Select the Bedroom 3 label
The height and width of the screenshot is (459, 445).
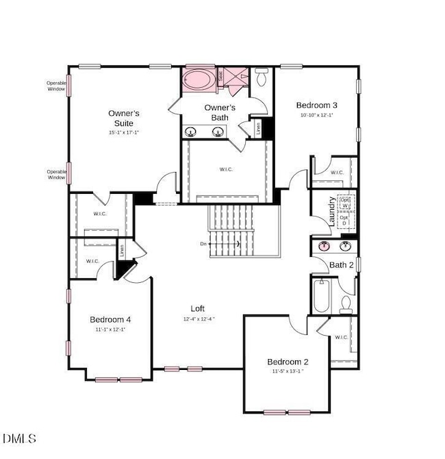coord(316,106)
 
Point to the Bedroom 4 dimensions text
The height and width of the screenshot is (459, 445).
coord(110,330)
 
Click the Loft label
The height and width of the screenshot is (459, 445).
coord(198,309)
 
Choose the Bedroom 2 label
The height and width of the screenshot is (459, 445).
coord(288,362)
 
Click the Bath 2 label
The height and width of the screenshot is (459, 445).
coord(341,264)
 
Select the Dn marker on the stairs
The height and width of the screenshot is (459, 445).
coord(203,243)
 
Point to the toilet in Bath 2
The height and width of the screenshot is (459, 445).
coord(346,303)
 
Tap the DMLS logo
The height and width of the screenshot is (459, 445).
coord(20,438)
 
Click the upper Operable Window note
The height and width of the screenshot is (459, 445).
coord(56,86)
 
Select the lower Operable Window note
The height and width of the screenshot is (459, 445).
coord(56,175)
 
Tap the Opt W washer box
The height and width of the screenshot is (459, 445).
coord(345,203)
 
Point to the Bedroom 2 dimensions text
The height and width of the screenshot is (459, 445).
coord(288,372)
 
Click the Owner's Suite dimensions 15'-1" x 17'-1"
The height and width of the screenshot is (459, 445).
coord(125,132)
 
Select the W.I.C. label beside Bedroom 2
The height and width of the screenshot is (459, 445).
coord(342,337)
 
